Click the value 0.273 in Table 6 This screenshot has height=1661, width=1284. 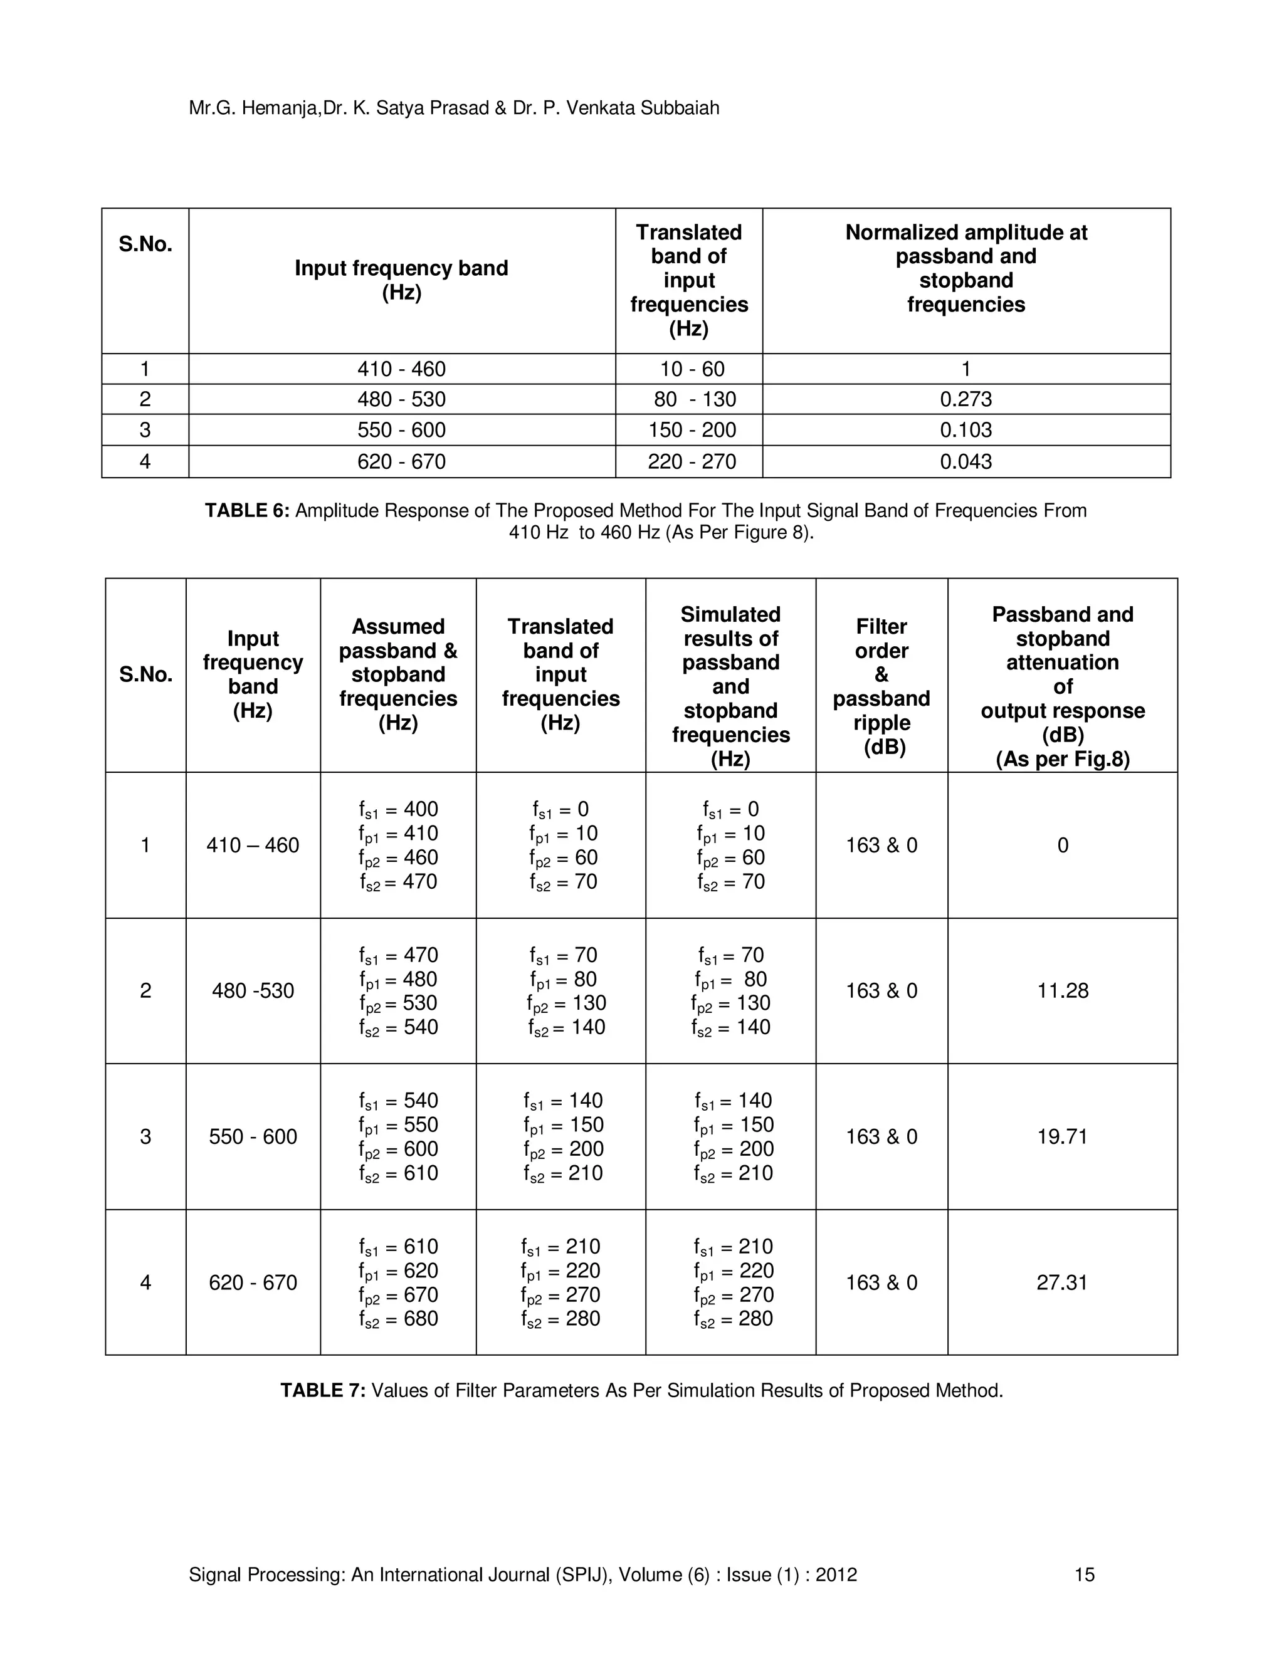[966, 399]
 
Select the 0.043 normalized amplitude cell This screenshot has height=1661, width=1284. [966, 462]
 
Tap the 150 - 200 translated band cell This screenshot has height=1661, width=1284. [692, 430]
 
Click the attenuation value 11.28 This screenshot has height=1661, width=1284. [1063, 990]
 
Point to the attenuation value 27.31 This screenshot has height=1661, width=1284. [1062, 1282]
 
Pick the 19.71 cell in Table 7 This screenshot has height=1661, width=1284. [1063, 1136]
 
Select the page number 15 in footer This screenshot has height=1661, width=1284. [1084, 1575]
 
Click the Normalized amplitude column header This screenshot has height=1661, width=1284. [966, 268]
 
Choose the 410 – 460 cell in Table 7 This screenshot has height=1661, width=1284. [253, 845]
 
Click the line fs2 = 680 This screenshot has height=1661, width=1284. [399, 1319]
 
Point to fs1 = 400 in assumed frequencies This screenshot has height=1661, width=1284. [399, 809]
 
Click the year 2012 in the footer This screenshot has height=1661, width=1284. [836, 1575]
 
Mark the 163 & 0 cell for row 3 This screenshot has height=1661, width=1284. [881, 1136]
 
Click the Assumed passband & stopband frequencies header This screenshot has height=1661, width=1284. [398, 674]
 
